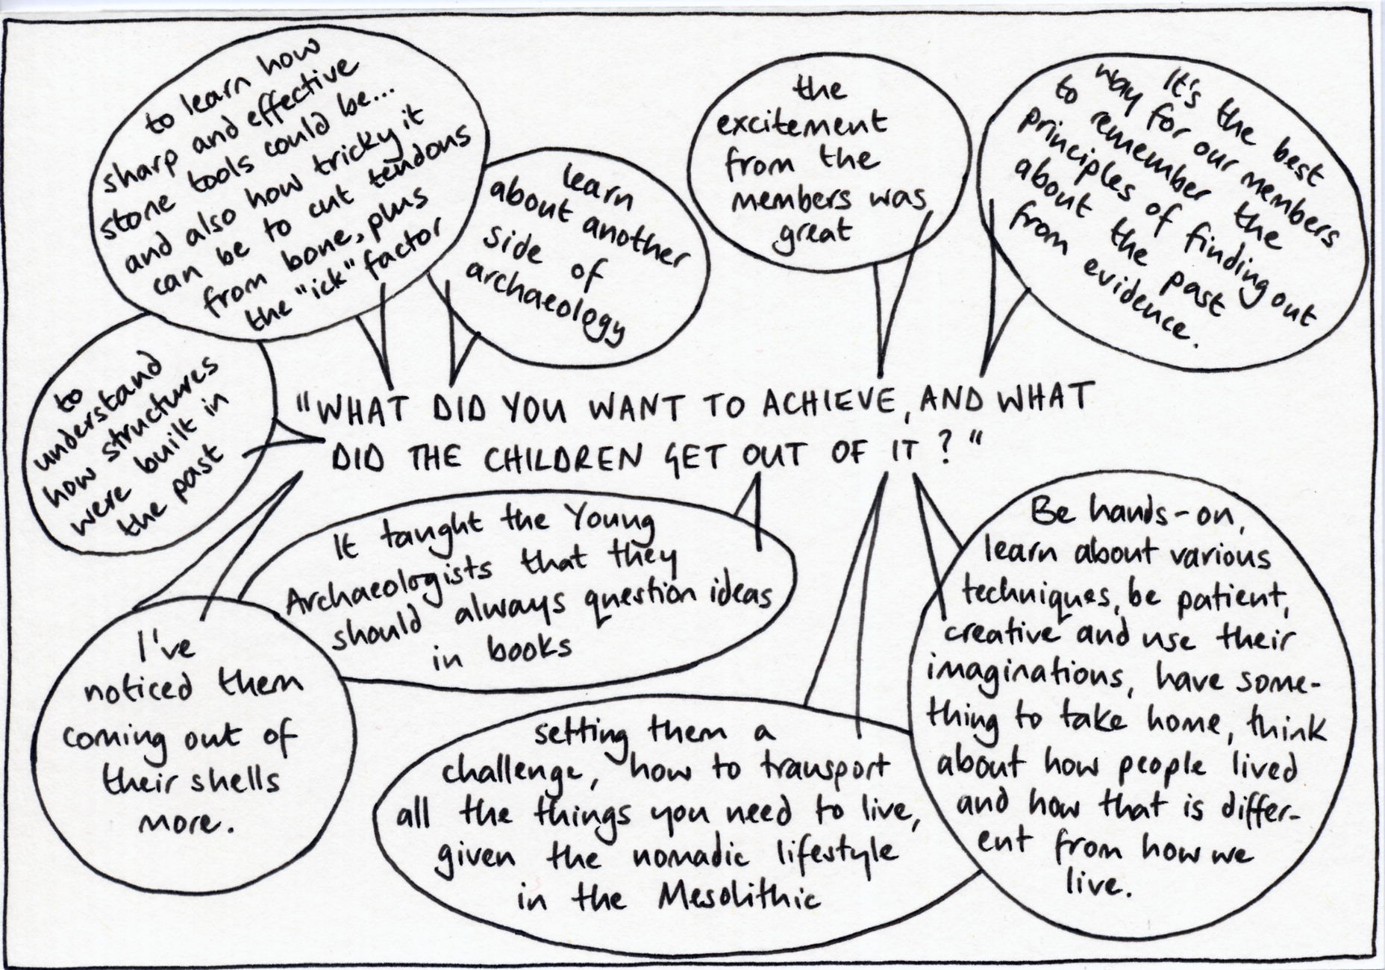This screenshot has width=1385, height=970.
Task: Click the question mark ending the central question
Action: click(945, 453)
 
